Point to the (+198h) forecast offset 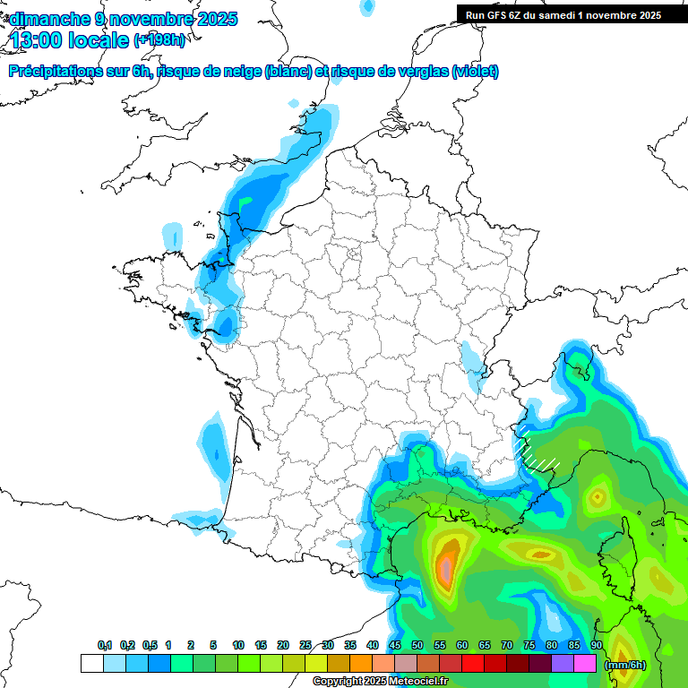(159, 40)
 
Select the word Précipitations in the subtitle (52, 72)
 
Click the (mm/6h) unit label (624, 664)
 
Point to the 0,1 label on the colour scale (105, 645)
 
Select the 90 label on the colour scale (597, 645)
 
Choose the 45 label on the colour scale (395, 645)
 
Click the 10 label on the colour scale (238, 645)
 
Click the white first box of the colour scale (91, 664)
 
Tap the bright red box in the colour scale (473, 664)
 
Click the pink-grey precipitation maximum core (445, 567)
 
